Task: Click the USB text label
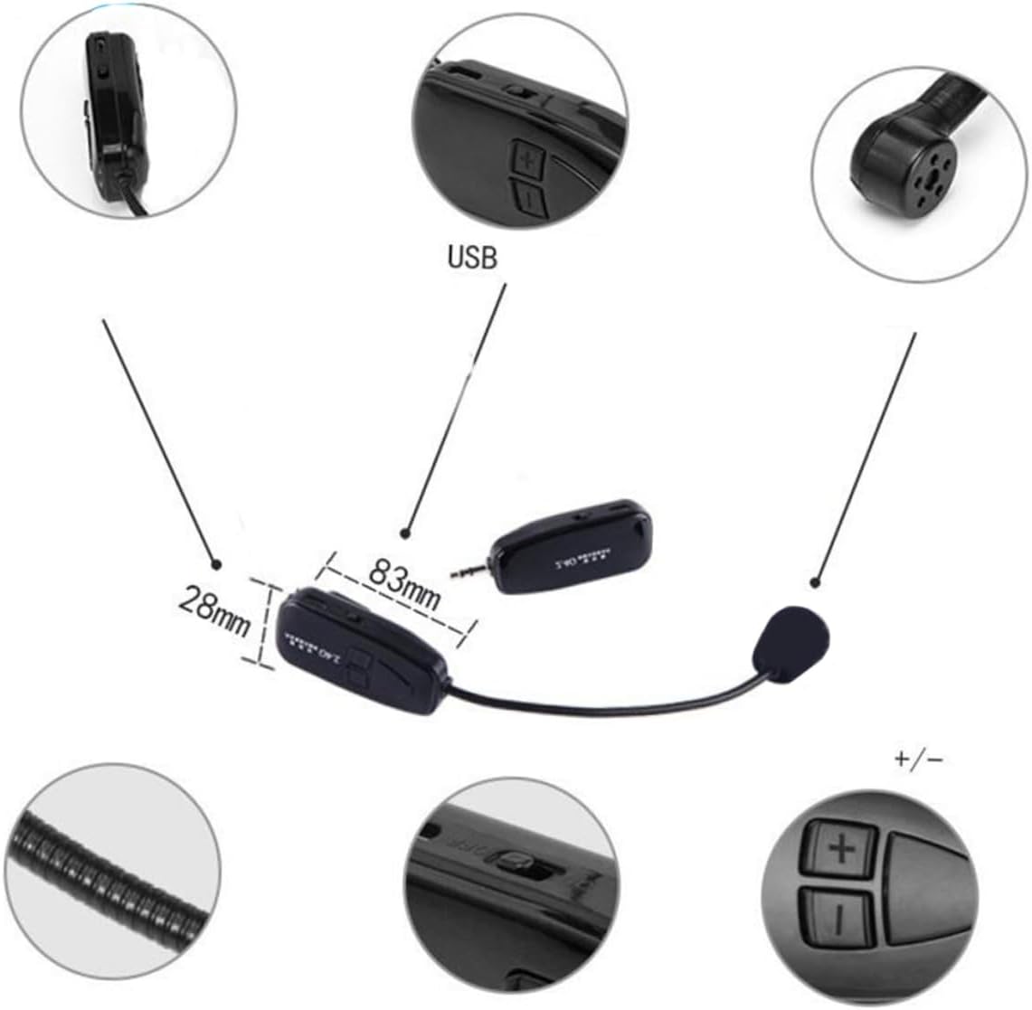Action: pos(472,259)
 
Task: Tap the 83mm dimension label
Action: pos(404,582)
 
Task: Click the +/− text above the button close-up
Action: pos(918,759)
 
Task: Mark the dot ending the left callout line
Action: pos(215,565)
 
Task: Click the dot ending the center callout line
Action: pos(406,533)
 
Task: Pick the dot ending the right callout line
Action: pos(818,584)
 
